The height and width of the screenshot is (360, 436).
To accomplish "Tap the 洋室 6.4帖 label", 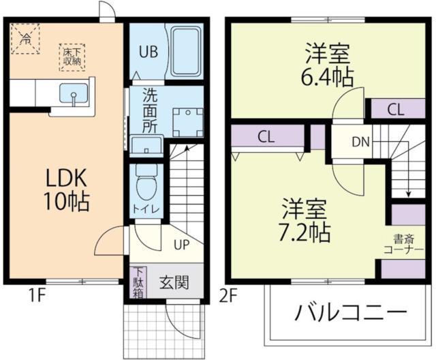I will [x=328, y=64].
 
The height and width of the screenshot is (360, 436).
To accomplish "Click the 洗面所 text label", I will [x=151, y=111].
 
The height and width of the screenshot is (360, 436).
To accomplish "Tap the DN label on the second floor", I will [x=360, y=142].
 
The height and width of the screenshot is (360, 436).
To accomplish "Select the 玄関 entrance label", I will [x=174, y=282].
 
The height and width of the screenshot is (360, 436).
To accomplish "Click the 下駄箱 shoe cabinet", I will [x=138, y=282].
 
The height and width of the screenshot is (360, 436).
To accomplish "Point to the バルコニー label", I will [x=347, y=314].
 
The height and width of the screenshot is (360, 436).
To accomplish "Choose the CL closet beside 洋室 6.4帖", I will [x=396, y=108].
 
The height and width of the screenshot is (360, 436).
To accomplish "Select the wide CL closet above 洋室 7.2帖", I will [x=266, y=136].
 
